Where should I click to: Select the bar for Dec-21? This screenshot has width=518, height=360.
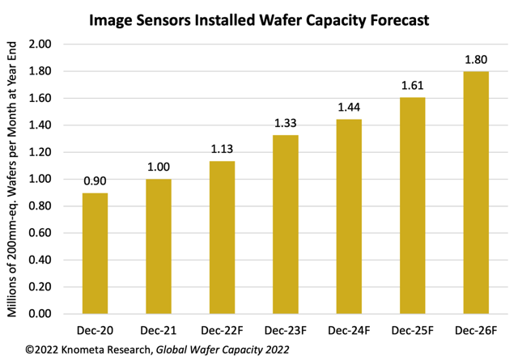click(159, 247)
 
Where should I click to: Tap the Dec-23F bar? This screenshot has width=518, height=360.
click(286, 224)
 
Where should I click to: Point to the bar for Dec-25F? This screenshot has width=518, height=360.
click(412, 205)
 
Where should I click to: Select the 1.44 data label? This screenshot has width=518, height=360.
click(349, 106)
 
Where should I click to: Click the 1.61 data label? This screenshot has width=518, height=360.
click(412, 83)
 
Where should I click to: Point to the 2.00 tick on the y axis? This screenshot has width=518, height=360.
click(41, 44)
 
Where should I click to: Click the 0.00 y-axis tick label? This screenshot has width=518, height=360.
click(41, 314)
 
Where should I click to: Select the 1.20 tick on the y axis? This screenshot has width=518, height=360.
click(41, 152)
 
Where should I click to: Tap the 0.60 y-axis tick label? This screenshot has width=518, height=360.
click(41, 233)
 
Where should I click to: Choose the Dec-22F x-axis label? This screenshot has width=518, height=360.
click(223, 329)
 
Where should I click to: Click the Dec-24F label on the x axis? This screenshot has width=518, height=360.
click(349, 329)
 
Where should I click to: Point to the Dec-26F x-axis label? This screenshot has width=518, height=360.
click(475, 329)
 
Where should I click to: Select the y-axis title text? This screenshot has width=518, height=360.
click(14, 180)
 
